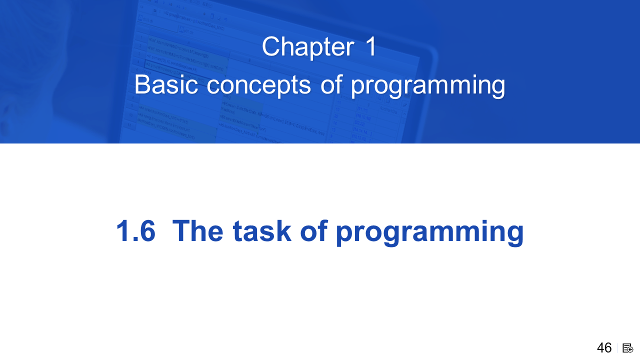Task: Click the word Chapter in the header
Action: [308, 47]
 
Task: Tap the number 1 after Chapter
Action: [370, 46]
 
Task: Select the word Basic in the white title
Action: [166, 84]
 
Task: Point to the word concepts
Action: [258, 85]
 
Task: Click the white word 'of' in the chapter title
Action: [331, 84]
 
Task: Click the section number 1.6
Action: [136, 231]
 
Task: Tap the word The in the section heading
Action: [197, 230]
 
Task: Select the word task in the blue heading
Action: [262, 231]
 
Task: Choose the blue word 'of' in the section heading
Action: [313, 230]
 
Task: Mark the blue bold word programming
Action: [429, 233]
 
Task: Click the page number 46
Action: [604, 348]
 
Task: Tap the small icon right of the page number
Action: [627, 348]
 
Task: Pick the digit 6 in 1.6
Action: [147, 231]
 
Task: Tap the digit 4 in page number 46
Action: [600, 348]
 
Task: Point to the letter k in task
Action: [283, 230]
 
